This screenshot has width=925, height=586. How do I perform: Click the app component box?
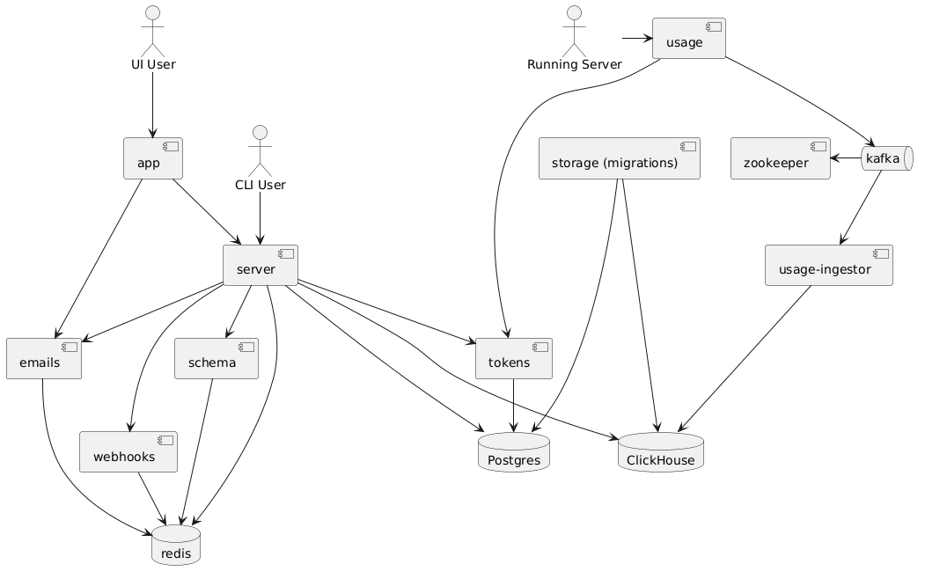coord(153,158)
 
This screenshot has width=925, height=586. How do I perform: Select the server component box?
coord(260,265)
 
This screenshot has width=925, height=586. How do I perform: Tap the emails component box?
coord(43,358)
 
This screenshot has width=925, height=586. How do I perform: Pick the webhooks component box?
coord(128,452)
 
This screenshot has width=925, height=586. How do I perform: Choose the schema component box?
coord(217,358)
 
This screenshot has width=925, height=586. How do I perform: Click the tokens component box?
coord(513,358)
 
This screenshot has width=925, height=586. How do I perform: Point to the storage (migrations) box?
coord(619,158)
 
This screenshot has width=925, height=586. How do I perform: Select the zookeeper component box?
coord(780,158)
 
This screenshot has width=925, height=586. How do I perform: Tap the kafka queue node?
coord(884,158)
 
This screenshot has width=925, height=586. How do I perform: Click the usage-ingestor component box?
coord(829,265)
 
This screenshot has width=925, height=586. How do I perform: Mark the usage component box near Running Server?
coord(688,38)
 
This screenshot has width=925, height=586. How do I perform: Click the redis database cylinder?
coord(177,546)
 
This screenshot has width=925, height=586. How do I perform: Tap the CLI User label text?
coord(260,185)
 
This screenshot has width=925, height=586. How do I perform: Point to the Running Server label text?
coord(574,64)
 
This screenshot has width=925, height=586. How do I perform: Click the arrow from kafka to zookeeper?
coord(846,158)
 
